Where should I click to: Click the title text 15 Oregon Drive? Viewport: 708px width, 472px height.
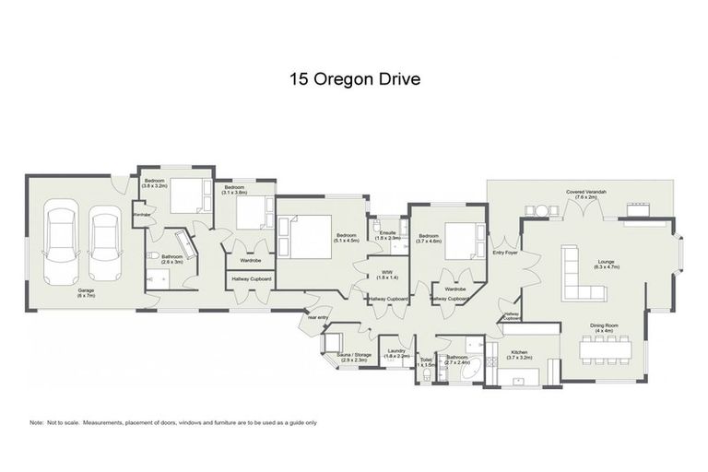tap(354, 79)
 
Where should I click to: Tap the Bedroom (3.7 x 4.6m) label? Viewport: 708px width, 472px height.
tap(429, 238)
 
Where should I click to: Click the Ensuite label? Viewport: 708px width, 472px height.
tap(389, 235)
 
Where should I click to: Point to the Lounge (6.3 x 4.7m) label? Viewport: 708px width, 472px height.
tap(606, 264)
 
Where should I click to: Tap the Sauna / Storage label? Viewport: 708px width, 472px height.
tap(354, 357)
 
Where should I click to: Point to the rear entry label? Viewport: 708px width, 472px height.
tap(318, 317)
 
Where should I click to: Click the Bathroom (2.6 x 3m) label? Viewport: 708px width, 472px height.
tap(172, 259)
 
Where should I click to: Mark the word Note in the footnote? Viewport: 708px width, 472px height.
tap(38, 423)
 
